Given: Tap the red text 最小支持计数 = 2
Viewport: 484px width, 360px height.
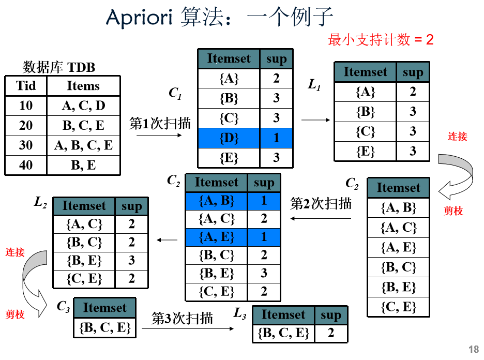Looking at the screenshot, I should click(x=381, y=39).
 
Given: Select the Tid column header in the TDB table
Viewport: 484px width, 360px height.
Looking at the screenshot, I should click(x=26, y=85).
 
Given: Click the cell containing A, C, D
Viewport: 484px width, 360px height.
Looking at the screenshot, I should click(x=83, y=106).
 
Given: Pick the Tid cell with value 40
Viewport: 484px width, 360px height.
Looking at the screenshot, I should click(x=26, y=165).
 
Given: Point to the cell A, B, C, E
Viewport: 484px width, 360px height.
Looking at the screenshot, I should click(x=83, y=145).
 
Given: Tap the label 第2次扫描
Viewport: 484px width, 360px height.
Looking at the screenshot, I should click(x=321, y=203).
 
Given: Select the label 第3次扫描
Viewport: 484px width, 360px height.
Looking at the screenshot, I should click(x=182, y=318).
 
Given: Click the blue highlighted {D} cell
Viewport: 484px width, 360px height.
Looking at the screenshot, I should click(x=229, y=138).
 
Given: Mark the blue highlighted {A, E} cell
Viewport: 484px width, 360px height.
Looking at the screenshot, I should click(x=216, y=237).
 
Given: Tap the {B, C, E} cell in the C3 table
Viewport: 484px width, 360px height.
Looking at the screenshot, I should click(x=105, y=328).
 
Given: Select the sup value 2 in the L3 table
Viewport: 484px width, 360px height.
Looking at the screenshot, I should click(x=331, y=333).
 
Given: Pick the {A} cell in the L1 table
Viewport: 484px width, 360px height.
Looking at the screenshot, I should click(x=365, y=92).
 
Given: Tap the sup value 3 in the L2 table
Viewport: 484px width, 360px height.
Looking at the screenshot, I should click(x=131, y=260).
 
